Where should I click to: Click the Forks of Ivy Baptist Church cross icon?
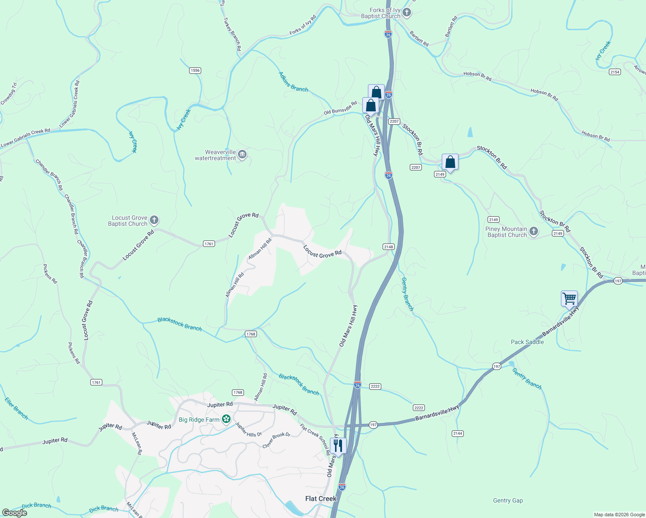tap(407, 13)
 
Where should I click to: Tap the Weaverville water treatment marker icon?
tap(242, 155)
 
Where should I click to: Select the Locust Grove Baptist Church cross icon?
tap(154, 221)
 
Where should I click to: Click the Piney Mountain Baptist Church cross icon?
tap(534, 232)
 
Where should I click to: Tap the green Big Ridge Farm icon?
tap(226, 419)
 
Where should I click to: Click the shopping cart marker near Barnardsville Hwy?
tap(569, 298)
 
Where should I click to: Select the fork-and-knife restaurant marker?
tap(338, 445)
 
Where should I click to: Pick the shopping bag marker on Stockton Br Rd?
tap(450, 162)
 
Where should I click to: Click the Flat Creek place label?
tap(320, 499)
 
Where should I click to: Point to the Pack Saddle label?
tap(527, 342)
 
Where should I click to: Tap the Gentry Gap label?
tap(508, 500)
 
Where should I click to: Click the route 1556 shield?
tap(195, 70)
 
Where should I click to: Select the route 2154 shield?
tap(615, 72)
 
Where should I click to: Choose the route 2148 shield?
tap(388, 247)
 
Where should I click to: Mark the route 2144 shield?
tap(458, 433)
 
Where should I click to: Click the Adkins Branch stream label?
tap(293, 82)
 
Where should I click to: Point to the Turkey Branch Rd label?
tap(232, 35)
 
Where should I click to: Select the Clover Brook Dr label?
tap(276, 440)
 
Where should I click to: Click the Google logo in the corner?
tap(14, 513)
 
